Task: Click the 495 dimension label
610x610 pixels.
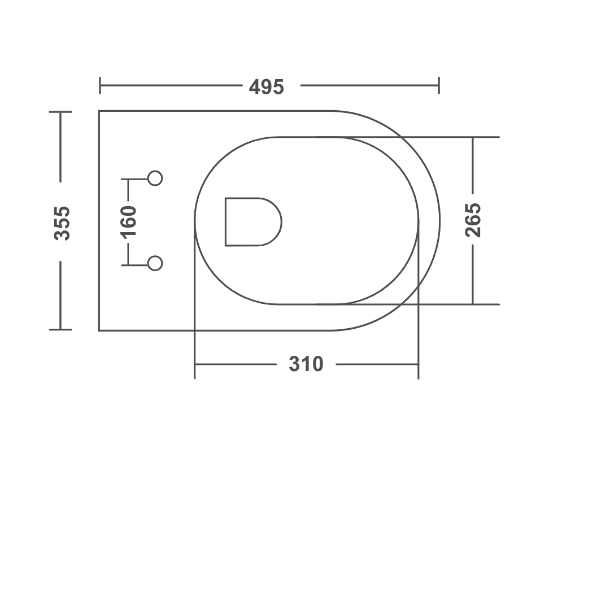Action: pyautogui.click(x=267, y=87)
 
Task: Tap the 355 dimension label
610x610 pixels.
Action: pyautogui.click(x=62, y=223)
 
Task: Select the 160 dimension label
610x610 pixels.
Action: pyautogui.click(x=128, y=222)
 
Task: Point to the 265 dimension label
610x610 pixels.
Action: pyautogui.click(x=473, y=220)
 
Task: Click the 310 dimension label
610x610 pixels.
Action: pyautogui.click(x=306, y=364)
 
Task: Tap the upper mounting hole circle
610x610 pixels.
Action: pyautogui.click(x=155, y=178)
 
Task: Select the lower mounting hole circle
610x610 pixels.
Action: pyautogui.click(x=155, y=263)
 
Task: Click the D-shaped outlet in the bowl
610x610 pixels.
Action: pyautogui.click(x=253, y=222)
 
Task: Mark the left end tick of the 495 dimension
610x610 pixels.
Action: pyautogui.click(x=100, y=85)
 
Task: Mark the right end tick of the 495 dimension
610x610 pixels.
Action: pyautogui.click(x=439, y=85)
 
